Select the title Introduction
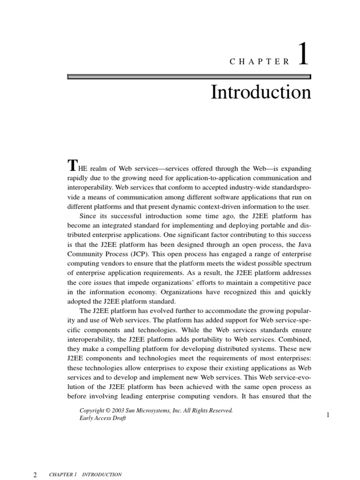[261, 92]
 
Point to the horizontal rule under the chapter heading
[189, 76]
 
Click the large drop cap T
[72, 165]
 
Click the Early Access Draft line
[103, 419]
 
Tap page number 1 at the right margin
[328, 415]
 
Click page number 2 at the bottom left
[35, 474]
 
